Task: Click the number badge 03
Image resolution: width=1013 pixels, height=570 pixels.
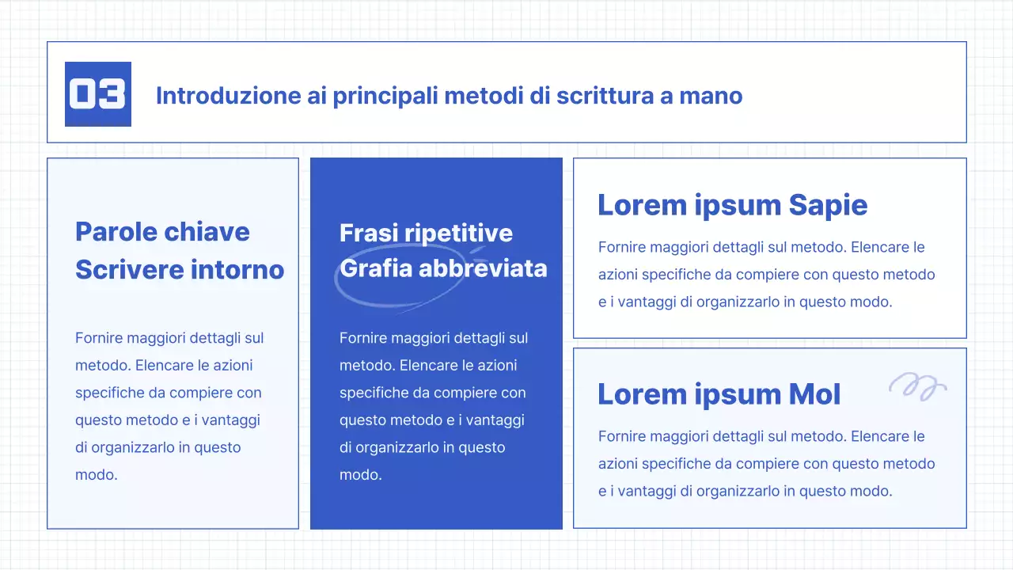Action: coord(97,94)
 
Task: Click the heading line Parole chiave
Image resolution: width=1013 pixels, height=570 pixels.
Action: coord(162,232)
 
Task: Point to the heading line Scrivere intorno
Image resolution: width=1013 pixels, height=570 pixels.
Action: coord(180,269)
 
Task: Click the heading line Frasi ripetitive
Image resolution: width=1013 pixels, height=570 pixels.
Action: coord(426,233)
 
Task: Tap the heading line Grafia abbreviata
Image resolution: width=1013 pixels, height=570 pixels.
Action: coord(443,268)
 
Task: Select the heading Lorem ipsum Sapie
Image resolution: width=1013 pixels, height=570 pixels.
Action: coord(732,205)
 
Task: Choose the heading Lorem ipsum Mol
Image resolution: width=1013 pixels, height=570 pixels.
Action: coord(719,394)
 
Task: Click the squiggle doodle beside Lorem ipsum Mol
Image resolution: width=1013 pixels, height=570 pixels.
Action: coord(917,386)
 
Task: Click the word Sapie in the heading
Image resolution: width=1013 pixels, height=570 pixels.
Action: coord(828,205)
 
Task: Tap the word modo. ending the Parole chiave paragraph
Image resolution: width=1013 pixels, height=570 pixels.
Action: coord(97,475)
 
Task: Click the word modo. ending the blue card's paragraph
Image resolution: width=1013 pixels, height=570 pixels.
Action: coord(361,475)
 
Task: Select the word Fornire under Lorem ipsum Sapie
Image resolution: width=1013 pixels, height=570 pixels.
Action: coord(622,247)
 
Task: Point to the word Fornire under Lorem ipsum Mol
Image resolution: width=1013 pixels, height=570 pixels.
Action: coord(622,436)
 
